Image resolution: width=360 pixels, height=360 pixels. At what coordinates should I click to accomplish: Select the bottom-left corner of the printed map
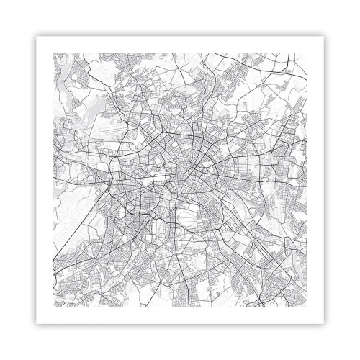(54, 307)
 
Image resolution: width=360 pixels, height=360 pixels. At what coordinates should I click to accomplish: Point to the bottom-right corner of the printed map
(307, 307)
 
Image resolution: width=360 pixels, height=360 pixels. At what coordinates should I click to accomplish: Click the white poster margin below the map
(180, 317)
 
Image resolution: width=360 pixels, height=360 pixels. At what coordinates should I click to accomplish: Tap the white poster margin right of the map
(317, 180)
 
